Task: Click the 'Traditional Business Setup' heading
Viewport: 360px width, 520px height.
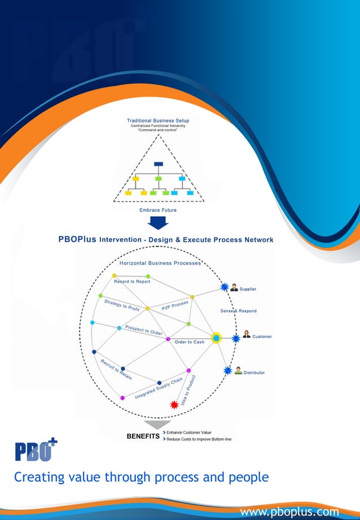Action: (x=158, y=120)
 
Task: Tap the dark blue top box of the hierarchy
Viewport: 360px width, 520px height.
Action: (x=159, y=164)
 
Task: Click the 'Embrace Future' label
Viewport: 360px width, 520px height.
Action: (x=158, y=210)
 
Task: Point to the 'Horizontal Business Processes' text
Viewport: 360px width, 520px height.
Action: (x=160, y=263)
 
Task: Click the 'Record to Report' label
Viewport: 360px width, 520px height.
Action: (x=132, y=281)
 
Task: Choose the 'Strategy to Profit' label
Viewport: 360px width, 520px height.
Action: (x=122, y=305)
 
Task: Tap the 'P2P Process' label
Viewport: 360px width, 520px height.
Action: (x=175, y=305)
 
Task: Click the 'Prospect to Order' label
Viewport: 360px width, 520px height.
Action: (x=144, y=330)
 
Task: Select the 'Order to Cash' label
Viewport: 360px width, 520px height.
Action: (x=190, y=342)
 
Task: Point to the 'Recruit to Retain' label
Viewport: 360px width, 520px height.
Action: (x=116, y=369)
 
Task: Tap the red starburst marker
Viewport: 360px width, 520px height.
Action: (x=174, y=404)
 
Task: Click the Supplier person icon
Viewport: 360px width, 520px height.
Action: (x=234, y=287)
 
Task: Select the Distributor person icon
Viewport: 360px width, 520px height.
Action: (x=238, y=371)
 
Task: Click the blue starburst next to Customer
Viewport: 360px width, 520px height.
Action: (x=236, y=339)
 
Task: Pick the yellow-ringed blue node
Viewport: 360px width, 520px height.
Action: (x=216, y=338)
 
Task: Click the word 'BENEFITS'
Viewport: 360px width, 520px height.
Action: (x=143, y=436)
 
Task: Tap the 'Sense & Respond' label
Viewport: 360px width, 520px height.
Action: (x=238, y=311)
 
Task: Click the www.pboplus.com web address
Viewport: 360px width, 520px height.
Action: (x=289, y=512)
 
